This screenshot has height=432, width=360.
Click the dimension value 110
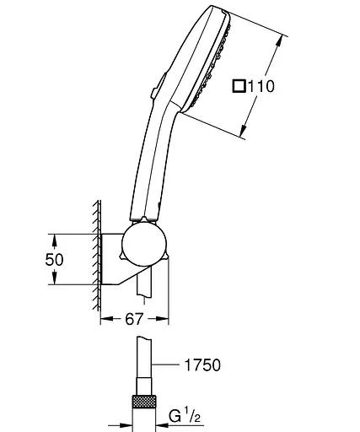pos(261,86)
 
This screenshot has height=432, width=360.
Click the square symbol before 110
pos(239,86)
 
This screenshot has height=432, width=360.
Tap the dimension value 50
pos(54,259)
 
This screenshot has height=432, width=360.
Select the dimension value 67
pos(134,319)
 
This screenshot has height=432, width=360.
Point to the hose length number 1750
pos(202,365)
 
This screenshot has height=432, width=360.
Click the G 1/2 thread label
pos(185,416)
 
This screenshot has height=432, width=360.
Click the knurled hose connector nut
pos(144,402)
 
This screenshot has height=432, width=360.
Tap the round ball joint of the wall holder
pos(144,245)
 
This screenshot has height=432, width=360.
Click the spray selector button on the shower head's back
pos(159,86)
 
